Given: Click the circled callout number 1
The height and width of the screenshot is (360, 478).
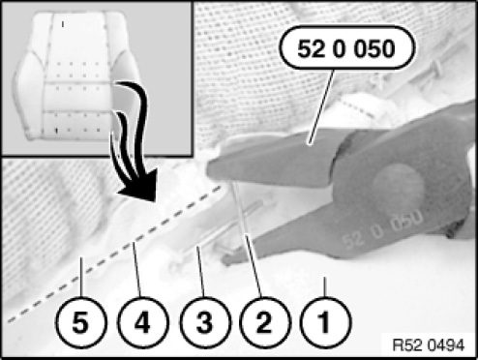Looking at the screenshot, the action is [x=324, y=322].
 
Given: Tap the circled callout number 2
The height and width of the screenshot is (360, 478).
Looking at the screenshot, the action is [x=264, y=322].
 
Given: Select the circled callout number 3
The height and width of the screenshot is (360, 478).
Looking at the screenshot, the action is [x=204, y=322].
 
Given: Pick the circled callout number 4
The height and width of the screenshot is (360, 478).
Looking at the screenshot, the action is [x=142, y=322].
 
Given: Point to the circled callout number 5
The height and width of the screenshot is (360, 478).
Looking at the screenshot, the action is [x=80, y=322].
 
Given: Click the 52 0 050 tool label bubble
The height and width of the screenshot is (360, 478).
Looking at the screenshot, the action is [x=345, y=48].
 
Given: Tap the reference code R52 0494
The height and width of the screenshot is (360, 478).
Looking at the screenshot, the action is [x=429, y=345].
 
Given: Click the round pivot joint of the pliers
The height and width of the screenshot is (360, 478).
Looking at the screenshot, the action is [x=398, y=184].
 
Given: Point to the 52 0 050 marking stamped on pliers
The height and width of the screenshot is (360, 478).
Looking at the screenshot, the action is [x=383, y=228].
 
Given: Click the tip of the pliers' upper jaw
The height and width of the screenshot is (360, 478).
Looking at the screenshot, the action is [x=211, y=170].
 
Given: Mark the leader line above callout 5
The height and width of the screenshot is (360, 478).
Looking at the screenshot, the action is [x=81, y=277].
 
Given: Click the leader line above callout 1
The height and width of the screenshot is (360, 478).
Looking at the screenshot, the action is [x=325, y=286].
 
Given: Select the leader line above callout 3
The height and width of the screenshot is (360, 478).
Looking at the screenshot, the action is [x=200, y=272].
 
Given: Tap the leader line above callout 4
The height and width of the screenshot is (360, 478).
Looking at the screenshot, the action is [x=136, y=270].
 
